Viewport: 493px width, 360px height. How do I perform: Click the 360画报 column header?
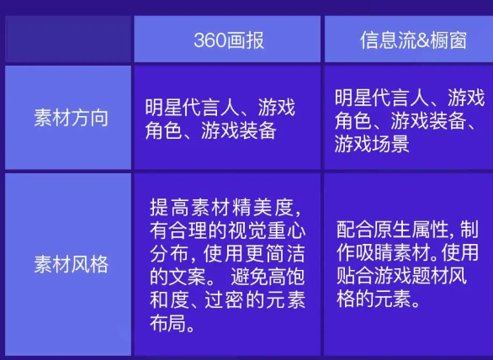pos(228,40)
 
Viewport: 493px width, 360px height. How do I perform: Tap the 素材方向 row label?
pos(71,118)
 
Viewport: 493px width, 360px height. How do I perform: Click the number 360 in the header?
pos(208,40)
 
